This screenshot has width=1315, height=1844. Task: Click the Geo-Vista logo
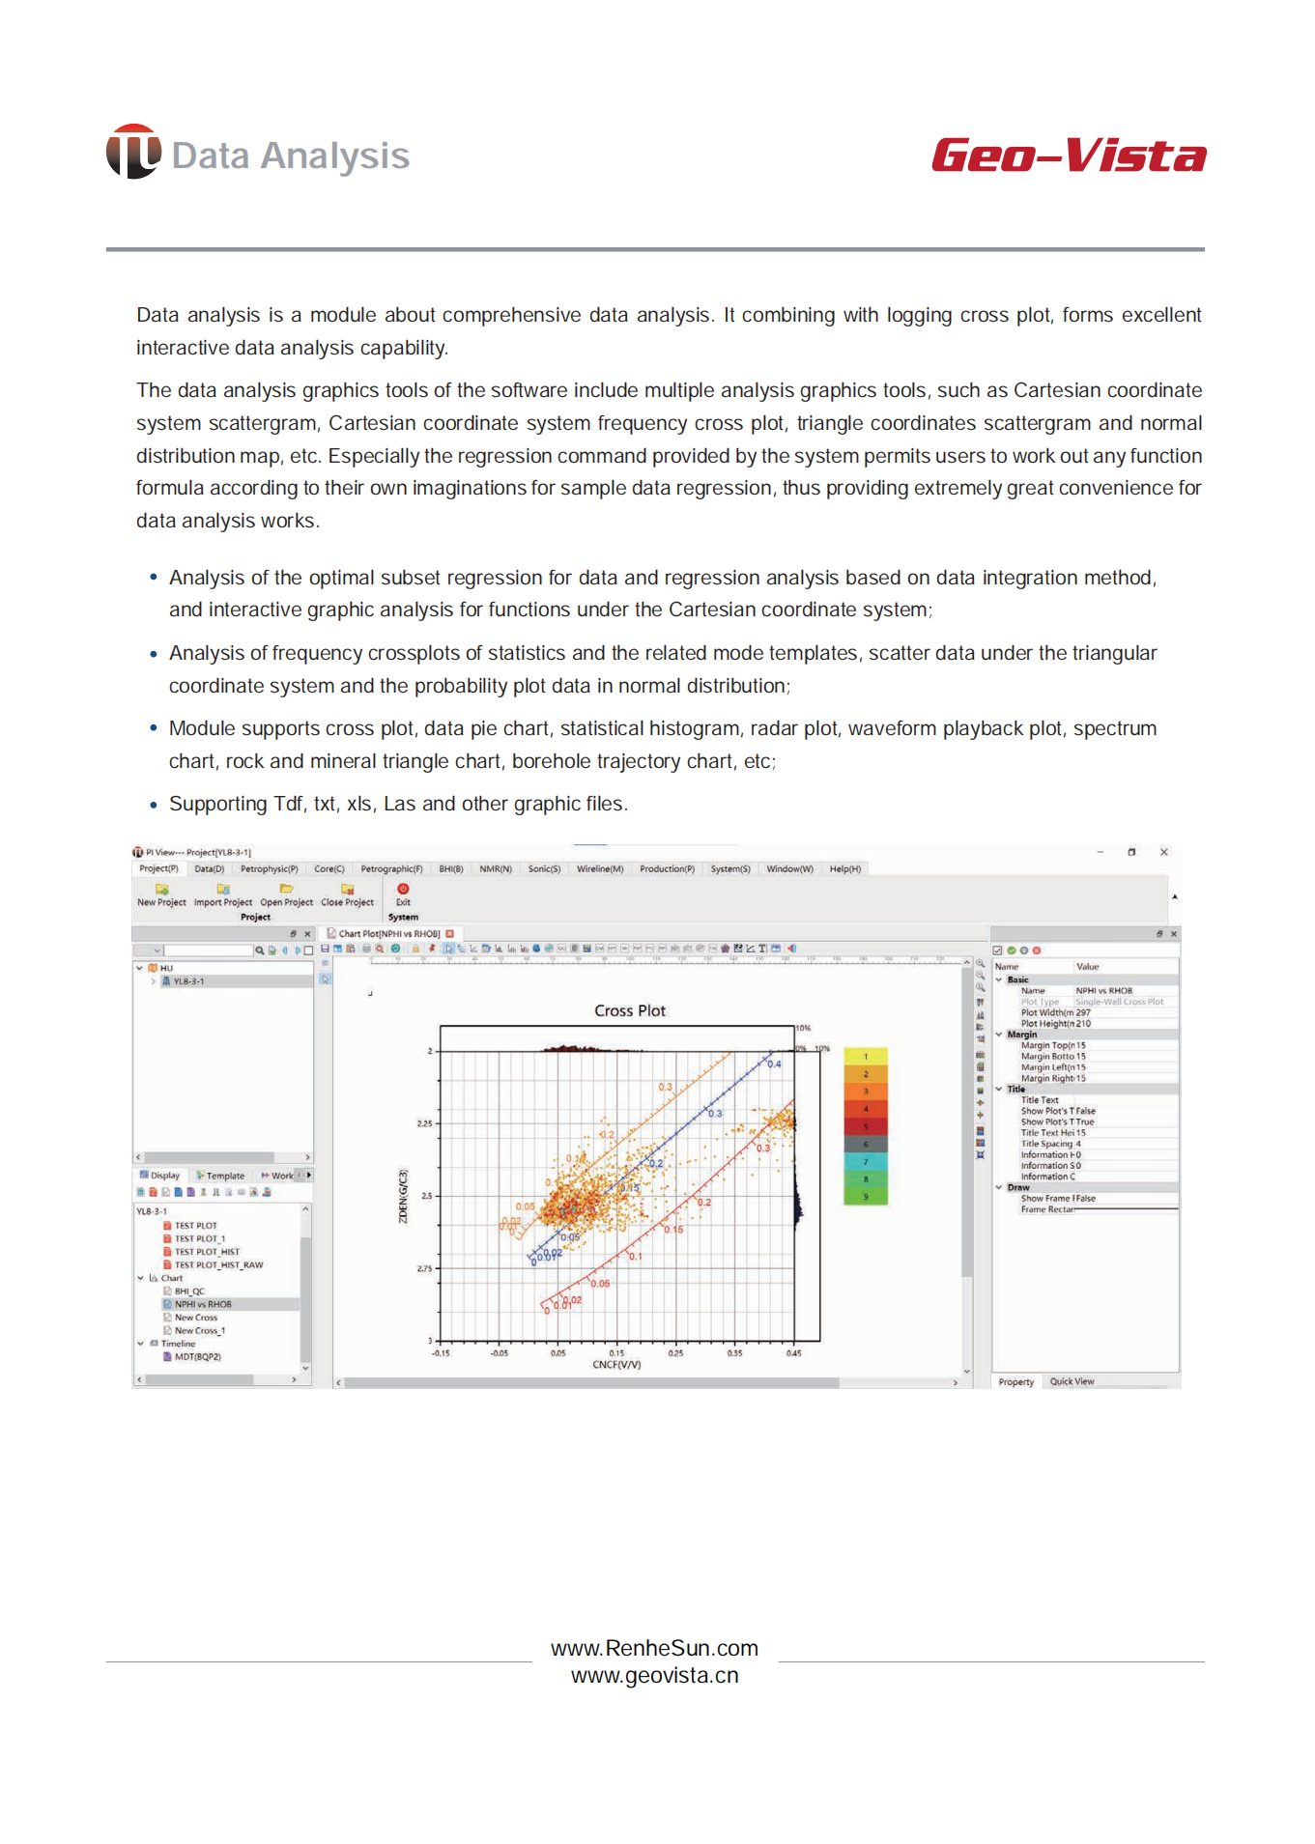click(1068, 156)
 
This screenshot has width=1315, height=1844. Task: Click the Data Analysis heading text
click(290, 156)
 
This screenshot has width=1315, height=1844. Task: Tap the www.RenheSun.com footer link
click(654, 1648)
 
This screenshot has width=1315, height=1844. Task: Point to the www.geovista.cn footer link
click(654, 1675)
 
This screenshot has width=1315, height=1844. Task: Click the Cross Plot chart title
click(630, 1010)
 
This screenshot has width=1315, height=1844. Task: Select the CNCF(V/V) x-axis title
click(616, 1365)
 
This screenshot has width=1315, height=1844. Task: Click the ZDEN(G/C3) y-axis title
click(404, 1196)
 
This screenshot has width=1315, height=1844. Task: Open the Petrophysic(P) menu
click(269, 868)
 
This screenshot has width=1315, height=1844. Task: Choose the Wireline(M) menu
click(600, 868)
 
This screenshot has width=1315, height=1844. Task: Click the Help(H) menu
click(844, 868)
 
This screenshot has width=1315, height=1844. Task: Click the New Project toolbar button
click(161, 894)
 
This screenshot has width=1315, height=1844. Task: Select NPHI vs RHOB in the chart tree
click(203, 1304)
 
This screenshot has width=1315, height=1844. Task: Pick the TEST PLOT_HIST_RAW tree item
click(218, 1264)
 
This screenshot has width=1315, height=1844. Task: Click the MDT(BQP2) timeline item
click(197, 1356)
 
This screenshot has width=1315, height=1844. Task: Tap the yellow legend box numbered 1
click(866, 1056)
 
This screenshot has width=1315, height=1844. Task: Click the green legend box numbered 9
click(866, 1197)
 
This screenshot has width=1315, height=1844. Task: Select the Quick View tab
click(1072, 1381)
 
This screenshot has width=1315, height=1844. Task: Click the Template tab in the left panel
click(224, 1176)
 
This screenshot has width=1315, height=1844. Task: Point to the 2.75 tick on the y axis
click(425, 1268)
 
